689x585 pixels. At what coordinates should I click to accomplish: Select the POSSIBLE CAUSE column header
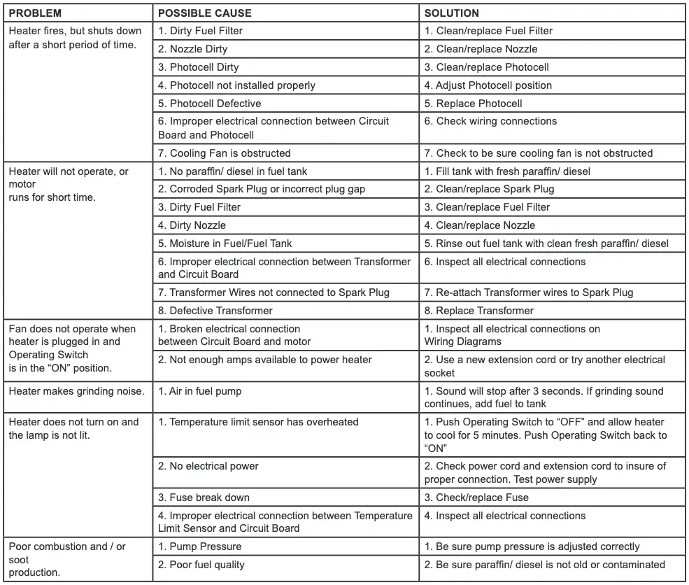coord(205,13)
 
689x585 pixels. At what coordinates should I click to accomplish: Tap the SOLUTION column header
coord(451,13)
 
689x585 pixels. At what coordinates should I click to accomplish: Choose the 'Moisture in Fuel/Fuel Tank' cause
coord(225,244)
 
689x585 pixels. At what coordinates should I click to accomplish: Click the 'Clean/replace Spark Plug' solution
coord(489,189)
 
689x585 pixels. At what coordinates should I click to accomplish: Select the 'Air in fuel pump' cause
coord(199,391)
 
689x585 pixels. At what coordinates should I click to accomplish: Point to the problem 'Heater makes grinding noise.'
coord(76,391)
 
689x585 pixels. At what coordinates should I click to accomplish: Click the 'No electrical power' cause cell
coord(208,466)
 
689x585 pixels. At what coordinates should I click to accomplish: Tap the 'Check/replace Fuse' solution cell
coord(476,498)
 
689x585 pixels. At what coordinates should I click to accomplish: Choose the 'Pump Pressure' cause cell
coord(200,547)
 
